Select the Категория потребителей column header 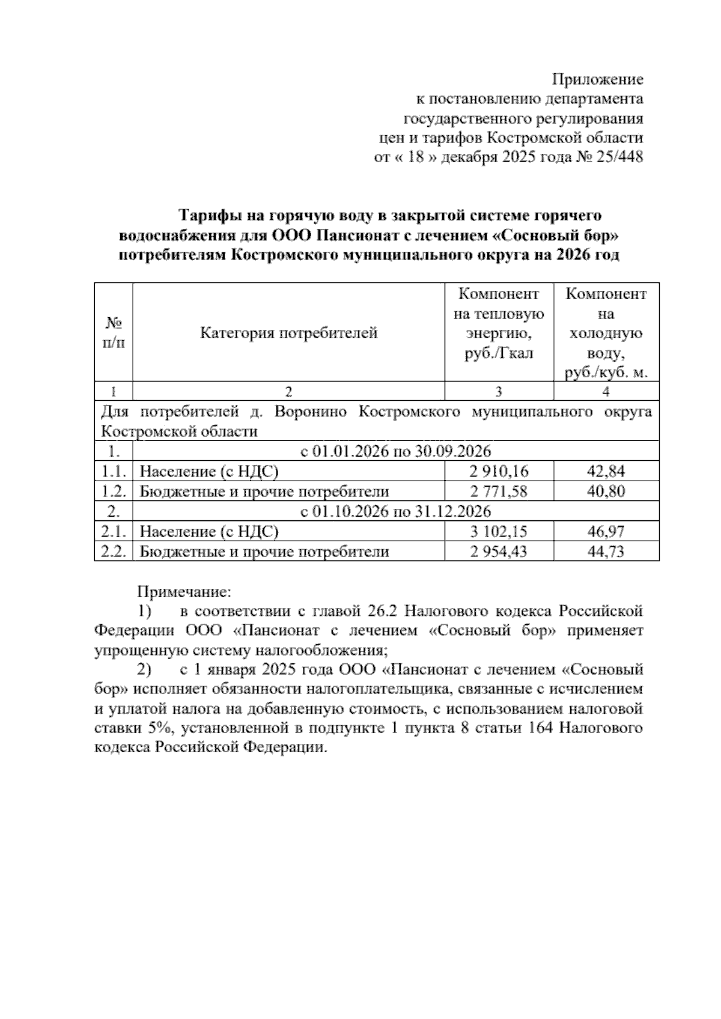[288, 333]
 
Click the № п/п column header [114, 333]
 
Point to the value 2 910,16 [499, 471]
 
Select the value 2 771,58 [499, 491]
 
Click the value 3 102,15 [499, 532]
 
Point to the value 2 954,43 [499, 552]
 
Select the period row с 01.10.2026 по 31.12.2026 [395, 511]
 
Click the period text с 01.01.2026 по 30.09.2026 [395, 451]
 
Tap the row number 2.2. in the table [113, 552]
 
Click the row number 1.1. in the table [113, 471]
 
